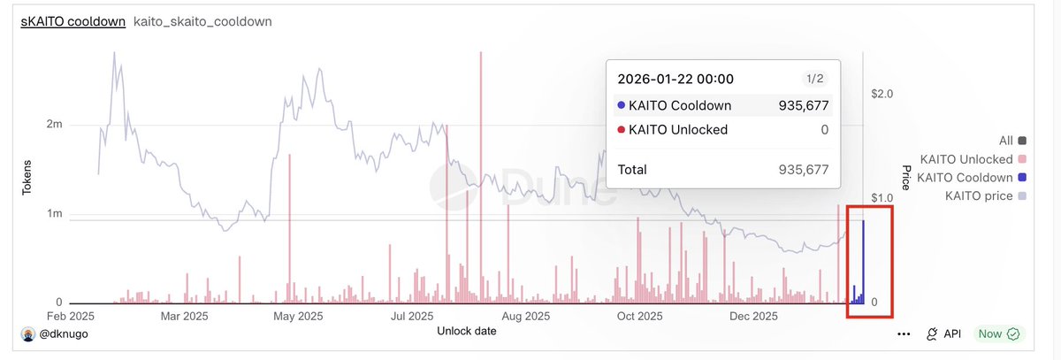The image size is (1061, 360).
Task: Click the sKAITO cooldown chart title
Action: click(x=73, y=21)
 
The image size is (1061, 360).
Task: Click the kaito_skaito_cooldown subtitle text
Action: click(x=202, y=21)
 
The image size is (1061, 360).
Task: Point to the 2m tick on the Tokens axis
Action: click(x=53, y=125)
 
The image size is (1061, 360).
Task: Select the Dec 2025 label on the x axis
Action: click(x=754, y=316)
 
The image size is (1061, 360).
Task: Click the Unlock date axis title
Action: click(x=467, y=331)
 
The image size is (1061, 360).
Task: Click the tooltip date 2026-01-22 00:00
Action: click(x=675, y=80)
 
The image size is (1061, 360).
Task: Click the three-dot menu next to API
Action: click(x=903, y=334)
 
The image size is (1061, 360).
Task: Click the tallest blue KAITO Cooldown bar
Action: click(x=863, y=262)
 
